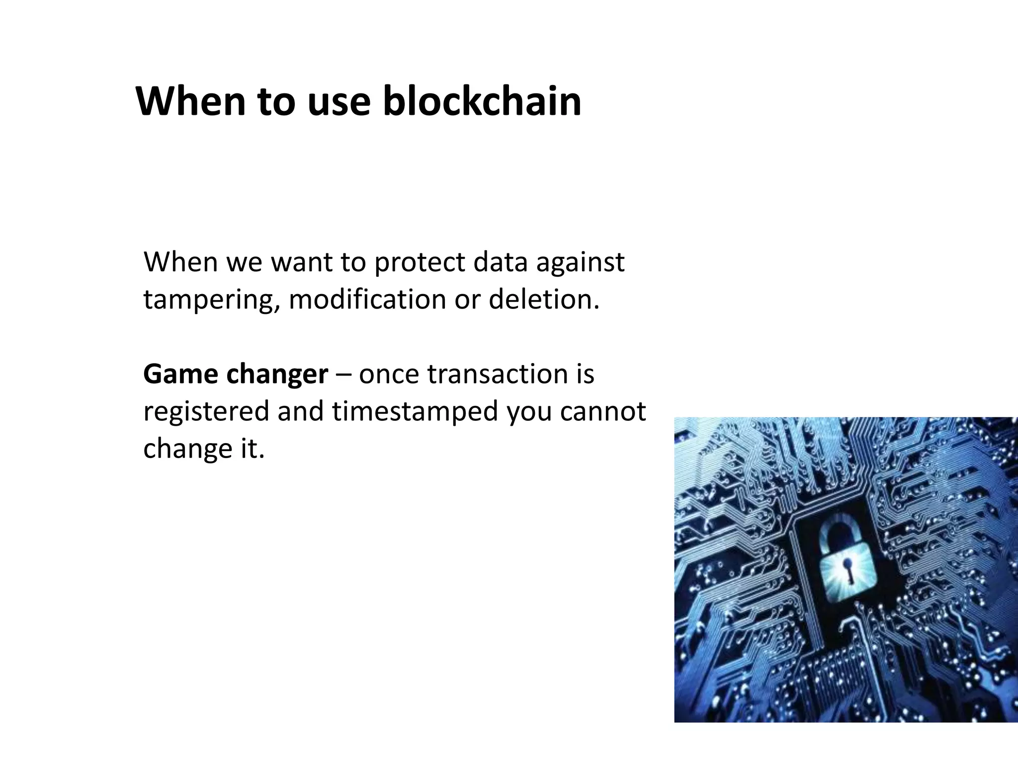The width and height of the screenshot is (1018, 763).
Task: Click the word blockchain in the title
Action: (482, 101)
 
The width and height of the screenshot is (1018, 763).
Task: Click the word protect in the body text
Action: (420, 262)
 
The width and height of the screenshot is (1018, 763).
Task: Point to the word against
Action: (580, 262)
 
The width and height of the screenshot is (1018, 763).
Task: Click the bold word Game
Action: (180, 374)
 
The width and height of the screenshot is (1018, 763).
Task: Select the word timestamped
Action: (415, 412)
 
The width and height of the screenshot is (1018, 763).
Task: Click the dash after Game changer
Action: (343, 375)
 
